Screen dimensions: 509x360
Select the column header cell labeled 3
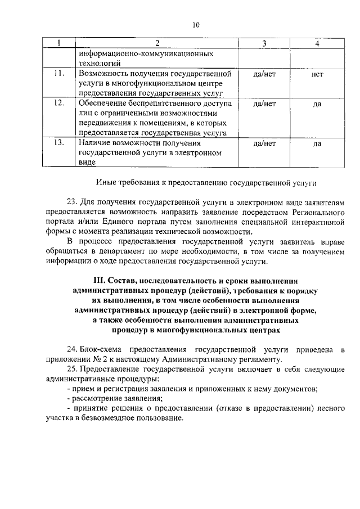(x=264, y=44)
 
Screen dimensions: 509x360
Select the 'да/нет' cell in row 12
(x=264, y=104)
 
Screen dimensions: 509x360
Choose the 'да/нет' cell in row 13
(x=264, y=144)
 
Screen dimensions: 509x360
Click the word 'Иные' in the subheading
(x=106, y=183)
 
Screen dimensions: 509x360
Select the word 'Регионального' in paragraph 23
(x=318, y=211)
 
